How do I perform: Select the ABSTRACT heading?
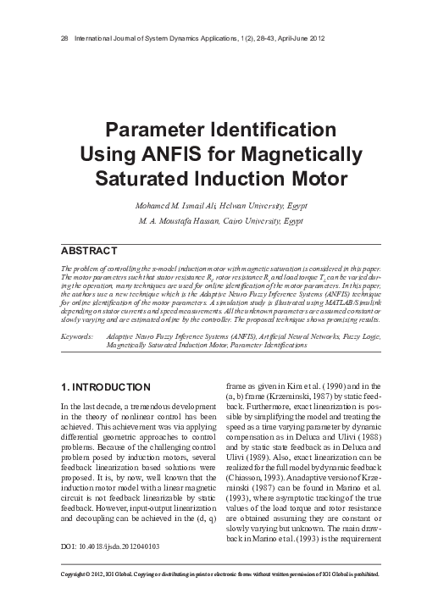click(x=91, y=252)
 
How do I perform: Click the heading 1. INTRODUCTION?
click(x=107, y=387)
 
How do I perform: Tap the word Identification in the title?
click(x=267, y=131)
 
